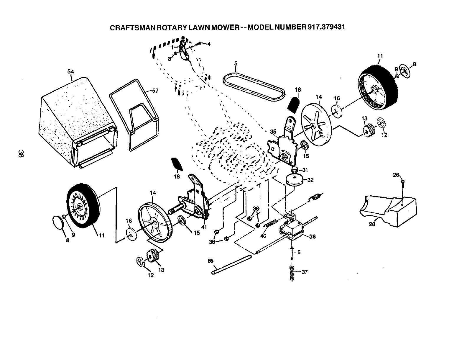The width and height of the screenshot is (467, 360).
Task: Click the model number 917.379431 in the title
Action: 326,27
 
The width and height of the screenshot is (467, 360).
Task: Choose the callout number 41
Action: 204,227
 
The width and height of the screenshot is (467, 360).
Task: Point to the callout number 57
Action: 155,91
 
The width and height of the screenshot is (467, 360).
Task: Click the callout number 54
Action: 70,71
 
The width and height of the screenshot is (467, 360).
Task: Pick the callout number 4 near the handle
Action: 209,44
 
